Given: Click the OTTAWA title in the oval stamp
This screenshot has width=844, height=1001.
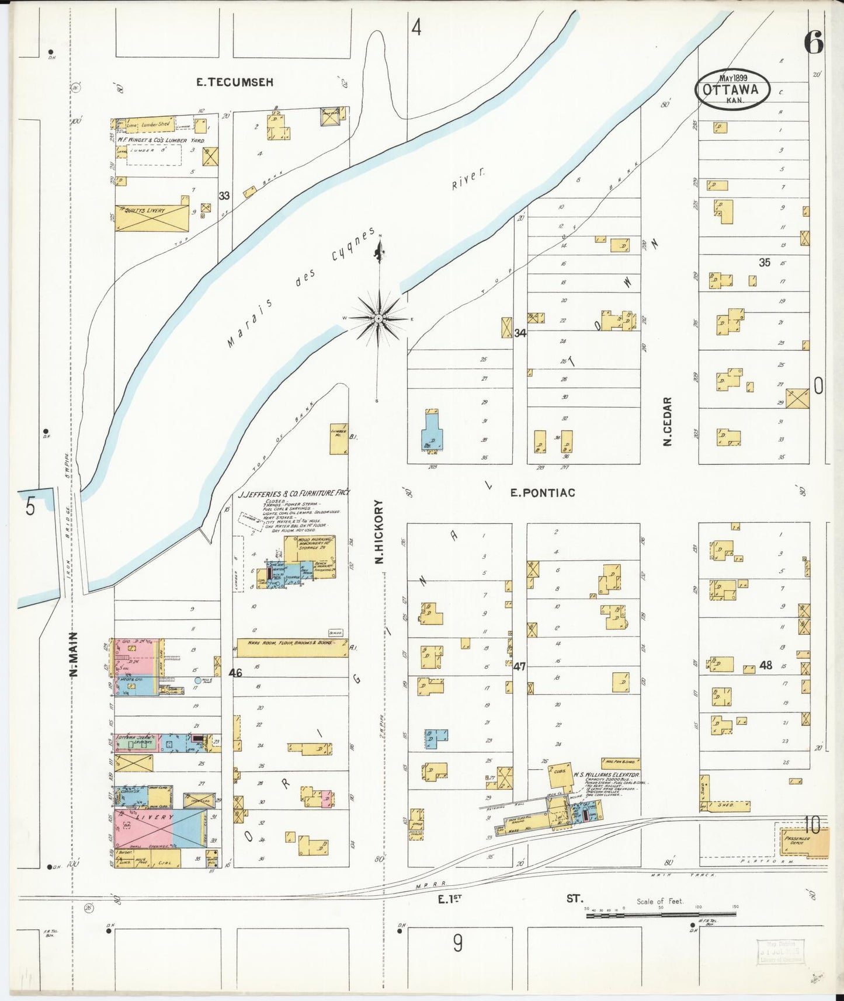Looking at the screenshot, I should point(731,90).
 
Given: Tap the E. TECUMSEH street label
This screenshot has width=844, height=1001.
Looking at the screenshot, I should point(234,82).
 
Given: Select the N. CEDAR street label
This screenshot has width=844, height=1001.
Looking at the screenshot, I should point(667,422).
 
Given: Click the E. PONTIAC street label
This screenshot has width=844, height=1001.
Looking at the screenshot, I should point(543,493).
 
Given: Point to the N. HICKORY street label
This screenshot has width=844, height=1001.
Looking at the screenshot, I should point(378,531).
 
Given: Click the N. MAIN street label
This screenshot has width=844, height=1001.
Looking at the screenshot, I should point(74,655).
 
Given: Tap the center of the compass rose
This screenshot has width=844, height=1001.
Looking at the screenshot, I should point(379,318).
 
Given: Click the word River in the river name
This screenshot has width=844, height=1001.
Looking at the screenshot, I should point(468,179).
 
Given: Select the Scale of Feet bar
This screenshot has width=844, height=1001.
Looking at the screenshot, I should point(661,915).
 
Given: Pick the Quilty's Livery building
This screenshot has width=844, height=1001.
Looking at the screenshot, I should point(152,217).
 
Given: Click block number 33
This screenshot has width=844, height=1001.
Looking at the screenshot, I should point(224,196).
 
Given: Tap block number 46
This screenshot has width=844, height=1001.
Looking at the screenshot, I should point(235,673).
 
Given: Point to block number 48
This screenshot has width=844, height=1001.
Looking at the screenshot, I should point(766,665).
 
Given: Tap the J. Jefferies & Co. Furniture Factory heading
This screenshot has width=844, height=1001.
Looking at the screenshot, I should point(294,493).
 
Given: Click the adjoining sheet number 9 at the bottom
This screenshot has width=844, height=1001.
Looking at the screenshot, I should point(457,942).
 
